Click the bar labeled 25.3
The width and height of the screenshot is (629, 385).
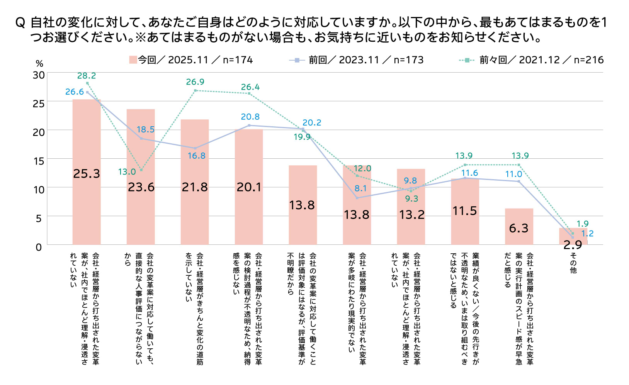pyautogui.click(x=87, y=172)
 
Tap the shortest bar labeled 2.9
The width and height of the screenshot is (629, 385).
pyautogui.click(x=573, y=236)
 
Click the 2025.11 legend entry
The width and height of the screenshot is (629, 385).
pyautogui.click(x=191, y=60)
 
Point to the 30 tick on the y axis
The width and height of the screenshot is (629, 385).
pyautogui.click(x=39, y=75)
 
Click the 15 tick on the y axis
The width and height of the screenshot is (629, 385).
pyautogui.click(x=39, y=161)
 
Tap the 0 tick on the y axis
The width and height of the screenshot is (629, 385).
pyautogui.click(x=39, y=247)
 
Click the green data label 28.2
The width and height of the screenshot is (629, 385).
pyautogui.click(x=87, y=76)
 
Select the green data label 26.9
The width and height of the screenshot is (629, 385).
pyautogui.click(x=195, y=82)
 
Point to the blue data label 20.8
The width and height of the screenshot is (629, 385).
pyautogui.click(x=250, y=117)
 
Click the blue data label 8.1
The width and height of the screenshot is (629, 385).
pyautogui.click(x=360, y=188)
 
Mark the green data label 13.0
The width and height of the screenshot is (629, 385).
pyautogui.click(x=127, y=172)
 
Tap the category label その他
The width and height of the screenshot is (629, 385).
pyautogui.click(x=573, y=263)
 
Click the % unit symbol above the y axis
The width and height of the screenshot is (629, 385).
pyautogui.click(x=39, y=64)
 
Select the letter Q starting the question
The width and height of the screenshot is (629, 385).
pyautogui.click(x=20, y=23)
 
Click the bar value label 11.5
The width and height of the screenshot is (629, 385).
pyautogui.click(x=465, y=211)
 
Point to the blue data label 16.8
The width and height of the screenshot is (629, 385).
pyautogui.click(x=197, y=156)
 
